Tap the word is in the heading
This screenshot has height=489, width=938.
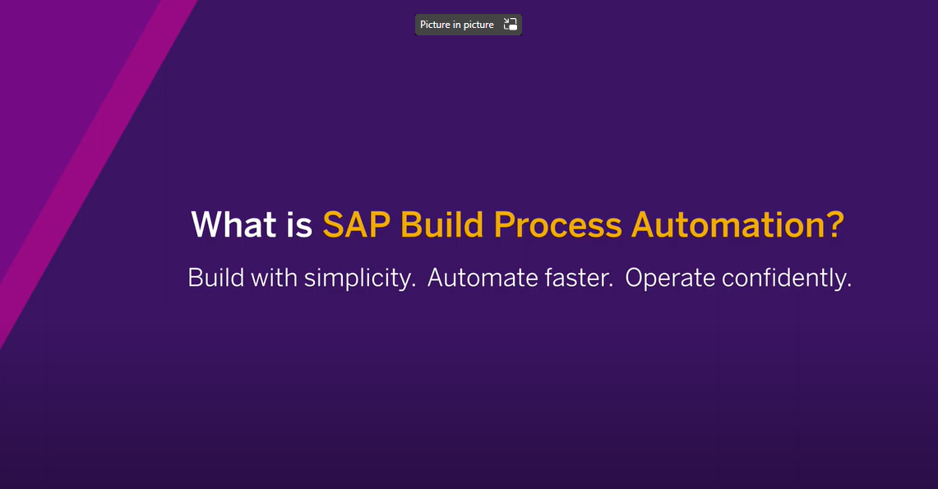click(x=299, y=224)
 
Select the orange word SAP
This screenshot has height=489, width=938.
click(x=357, y=224)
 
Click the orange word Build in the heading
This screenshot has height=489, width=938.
click(x=441, y=224)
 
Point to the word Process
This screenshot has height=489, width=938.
click(x=557, y=224)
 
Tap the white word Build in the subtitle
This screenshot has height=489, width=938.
click(x=216, y=278)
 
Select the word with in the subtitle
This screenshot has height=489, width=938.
click(x=274, y=278)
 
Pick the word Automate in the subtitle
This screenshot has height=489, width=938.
click(x=483, y=278)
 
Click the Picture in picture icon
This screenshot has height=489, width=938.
click(x=511, y=25)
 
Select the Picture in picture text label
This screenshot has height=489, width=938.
click(x=457, y=25)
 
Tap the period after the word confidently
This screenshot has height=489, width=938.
click(x=849, y=287)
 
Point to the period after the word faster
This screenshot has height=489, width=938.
click(x=611, y=287)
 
